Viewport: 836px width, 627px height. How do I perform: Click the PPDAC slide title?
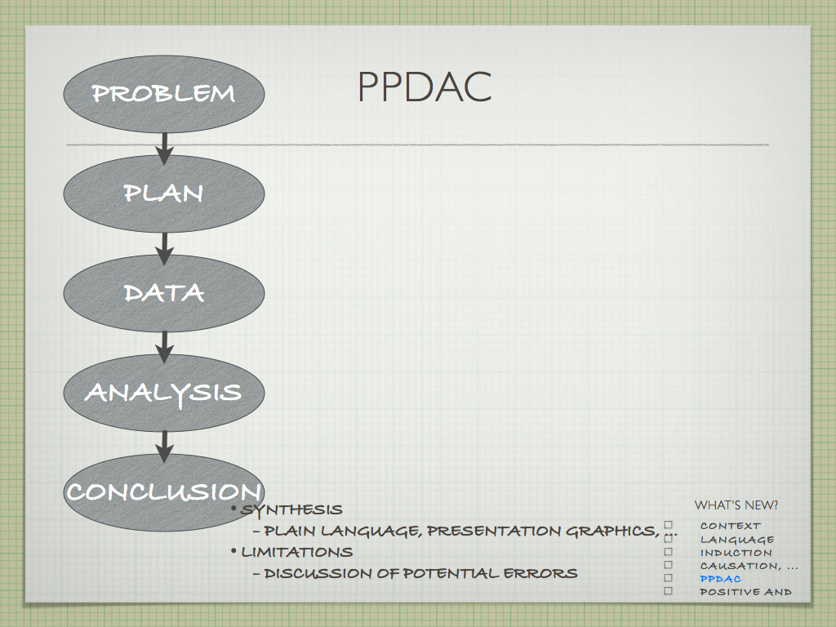click(425, 87)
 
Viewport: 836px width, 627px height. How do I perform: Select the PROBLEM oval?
click(164, 94)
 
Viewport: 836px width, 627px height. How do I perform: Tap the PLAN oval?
click(164, 193)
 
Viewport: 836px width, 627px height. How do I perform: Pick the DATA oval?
click(164, 293)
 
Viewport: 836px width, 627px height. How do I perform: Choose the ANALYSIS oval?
click(164, 393)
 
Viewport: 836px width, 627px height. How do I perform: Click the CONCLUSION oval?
click(164, 492)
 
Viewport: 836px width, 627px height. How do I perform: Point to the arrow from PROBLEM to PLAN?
click(164, 149)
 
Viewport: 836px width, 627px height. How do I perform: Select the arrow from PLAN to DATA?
click(164, 248)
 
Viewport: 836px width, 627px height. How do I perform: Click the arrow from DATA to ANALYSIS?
click(164, 348)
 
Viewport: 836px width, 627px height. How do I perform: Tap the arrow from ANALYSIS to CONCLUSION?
click(164, 447)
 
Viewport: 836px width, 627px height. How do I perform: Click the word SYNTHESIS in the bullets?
click(291, 510)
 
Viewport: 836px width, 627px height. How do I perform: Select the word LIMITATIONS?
click(297, 552)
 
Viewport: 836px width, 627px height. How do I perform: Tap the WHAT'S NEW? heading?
click(736, 505)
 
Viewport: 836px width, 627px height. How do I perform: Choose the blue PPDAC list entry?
click(720, 579)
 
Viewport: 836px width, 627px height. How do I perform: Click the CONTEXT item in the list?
click(731, 527)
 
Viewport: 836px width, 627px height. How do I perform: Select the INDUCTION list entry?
click(736, 553)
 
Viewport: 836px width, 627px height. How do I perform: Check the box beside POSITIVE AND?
click(669, 591)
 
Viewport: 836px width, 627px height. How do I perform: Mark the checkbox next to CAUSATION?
click(669, 565)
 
